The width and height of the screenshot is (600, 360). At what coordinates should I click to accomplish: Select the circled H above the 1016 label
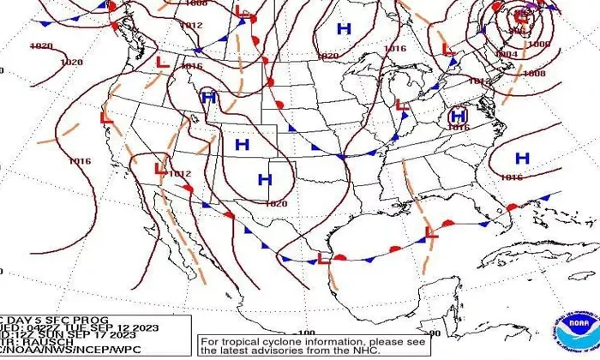tap(458, 115)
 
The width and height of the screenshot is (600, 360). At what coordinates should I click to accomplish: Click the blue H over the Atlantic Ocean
tap(522, 158)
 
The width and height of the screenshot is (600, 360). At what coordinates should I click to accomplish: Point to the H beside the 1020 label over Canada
tap(344, 29)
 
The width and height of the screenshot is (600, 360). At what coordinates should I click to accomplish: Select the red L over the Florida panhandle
tap(431, 231)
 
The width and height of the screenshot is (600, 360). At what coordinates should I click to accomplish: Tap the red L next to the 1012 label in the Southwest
tap(160, 169)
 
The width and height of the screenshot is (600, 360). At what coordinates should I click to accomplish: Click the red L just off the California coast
tap(106, 117)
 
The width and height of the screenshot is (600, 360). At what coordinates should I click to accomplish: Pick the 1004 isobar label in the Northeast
tap(507, 54)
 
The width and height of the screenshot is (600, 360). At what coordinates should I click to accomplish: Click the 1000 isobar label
tap(538, 44)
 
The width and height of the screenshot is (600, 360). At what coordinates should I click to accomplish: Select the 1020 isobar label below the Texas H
tap(276, 203)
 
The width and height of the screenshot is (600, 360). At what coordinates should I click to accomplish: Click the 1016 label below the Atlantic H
tap(511, 177)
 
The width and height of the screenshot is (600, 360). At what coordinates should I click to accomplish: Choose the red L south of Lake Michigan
tap(400, 105)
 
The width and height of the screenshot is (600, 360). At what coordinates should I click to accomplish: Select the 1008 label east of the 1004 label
tap(533, 74)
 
